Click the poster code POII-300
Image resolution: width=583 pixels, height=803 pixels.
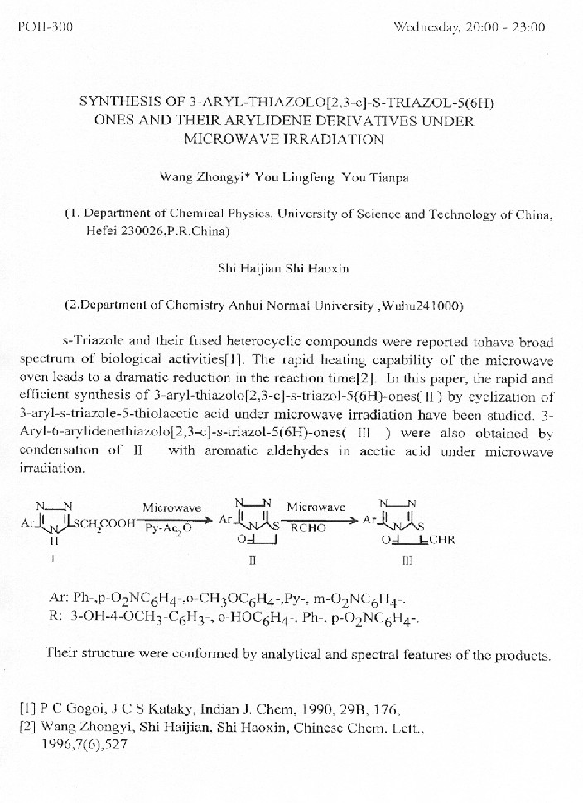click(x=45, y=27)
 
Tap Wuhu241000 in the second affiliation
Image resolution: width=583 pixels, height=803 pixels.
click(x=422, y=305)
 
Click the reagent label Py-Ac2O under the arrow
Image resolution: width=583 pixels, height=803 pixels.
click(x=168, y=527)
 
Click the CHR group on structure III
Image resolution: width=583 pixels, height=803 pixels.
click(x=440, y=540)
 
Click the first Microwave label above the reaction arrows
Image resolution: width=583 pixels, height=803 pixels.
click(x=171, y=507)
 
